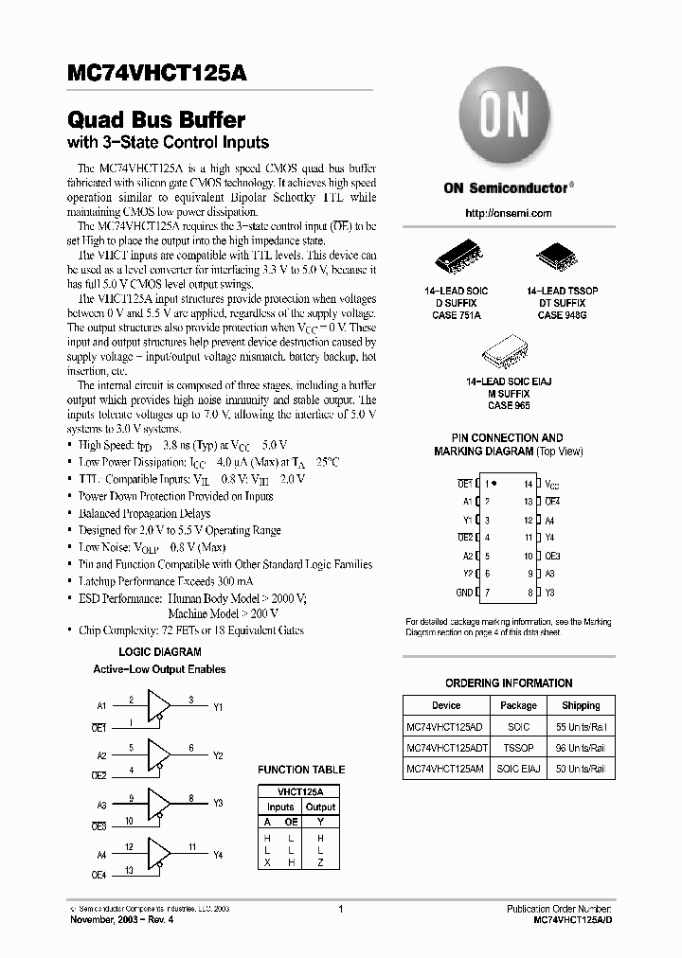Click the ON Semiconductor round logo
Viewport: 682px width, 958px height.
point(509,118)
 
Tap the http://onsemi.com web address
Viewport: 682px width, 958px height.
point(509,214)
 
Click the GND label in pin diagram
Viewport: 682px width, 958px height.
point(463,592)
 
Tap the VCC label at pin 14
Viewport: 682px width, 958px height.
point(552,484)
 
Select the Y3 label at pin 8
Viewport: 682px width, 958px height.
point(550,592)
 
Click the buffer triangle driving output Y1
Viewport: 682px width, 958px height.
point(158,706)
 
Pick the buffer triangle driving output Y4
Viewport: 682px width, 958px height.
point(158,854)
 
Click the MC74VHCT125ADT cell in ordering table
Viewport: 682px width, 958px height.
point(445,747)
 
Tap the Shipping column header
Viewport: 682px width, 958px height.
point(580,705)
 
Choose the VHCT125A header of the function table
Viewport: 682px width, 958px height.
point(300,791)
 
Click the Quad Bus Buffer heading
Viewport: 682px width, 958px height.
point(156,120)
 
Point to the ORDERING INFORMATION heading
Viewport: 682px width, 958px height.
point(509,683)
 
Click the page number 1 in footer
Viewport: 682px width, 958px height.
point(339,909)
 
